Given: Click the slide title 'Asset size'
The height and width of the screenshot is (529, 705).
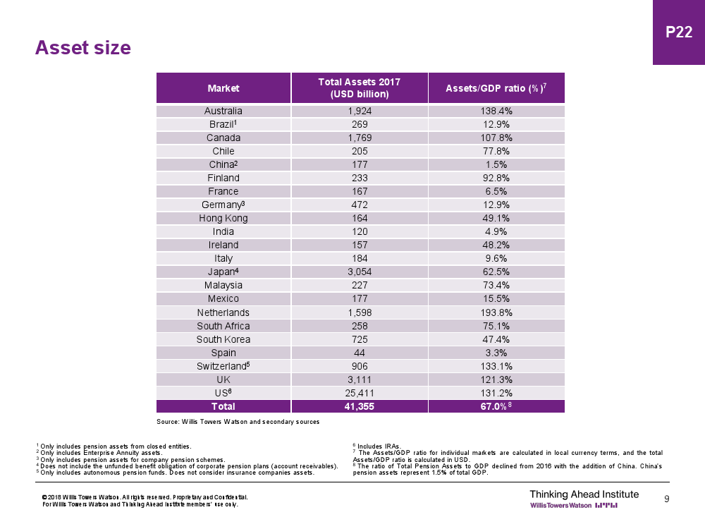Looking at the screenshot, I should tap(83, 48).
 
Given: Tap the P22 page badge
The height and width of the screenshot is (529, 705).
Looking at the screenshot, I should tap(679, 32).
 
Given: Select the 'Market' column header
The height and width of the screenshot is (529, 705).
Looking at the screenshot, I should tap(223, 88).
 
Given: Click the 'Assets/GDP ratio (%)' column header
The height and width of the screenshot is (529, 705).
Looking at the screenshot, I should tap(496, 88).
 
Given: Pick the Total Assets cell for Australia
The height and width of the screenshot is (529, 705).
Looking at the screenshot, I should tap(360, 111).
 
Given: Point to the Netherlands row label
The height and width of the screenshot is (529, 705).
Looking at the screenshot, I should tap(223, 312).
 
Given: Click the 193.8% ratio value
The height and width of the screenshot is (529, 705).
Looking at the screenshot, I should tap(496, 312).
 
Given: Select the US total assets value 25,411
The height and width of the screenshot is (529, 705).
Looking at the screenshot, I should tap(360, 393).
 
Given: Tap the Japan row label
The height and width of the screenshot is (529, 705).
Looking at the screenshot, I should tap(223, 272).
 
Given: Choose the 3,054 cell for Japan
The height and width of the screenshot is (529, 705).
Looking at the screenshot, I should tap(360, 272).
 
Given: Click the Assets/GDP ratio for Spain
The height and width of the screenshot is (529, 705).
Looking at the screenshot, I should tap(496, 353).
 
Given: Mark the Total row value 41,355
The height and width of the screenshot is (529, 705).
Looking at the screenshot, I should tap(360, 406).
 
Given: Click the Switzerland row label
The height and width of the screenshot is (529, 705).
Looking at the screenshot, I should tap(223, 366).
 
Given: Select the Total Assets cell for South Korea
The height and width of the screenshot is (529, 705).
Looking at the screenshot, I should tap(360, 339).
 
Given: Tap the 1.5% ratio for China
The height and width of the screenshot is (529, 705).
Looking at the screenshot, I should tap(496, 164).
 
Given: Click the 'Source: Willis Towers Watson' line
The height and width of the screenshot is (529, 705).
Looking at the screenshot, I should tap(238, 422).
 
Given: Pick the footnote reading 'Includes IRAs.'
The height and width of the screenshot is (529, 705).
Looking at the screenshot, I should tap(379, 446).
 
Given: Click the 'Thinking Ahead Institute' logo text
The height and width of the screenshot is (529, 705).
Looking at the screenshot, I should tap(584, 494).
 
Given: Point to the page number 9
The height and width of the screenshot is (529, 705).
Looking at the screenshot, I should tap(667, 499).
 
